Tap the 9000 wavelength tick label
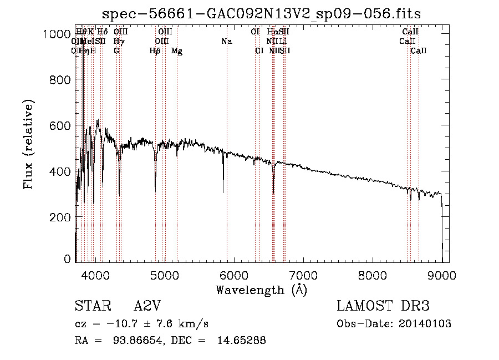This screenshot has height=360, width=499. tap(442, 274)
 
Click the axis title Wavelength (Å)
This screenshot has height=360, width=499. tap(261, 289)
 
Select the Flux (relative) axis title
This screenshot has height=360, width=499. tap(28, 144)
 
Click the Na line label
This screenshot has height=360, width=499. tap(226, 42)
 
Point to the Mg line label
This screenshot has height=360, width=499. tap(177, 51)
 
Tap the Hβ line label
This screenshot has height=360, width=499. tap(155, 51)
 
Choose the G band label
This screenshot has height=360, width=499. tap(116, 51)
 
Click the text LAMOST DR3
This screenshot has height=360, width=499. tap(383, 306)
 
